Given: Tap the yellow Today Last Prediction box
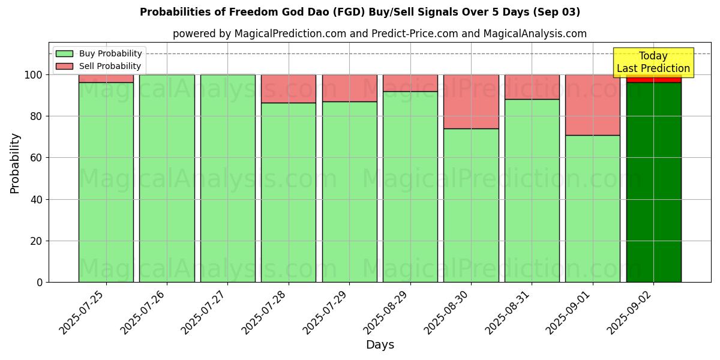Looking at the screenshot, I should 653,62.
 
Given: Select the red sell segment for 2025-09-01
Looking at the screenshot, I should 593,104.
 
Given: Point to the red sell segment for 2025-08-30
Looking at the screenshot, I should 471,101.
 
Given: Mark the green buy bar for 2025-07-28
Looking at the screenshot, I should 289,192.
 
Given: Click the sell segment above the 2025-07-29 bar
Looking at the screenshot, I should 349,88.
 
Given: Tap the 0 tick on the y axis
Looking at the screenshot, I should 40,282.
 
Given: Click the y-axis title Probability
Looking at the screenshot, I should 15,163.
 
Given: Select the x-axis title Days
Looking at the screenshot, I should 380,345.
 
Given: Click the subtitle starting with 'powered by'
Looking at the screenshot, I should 379,34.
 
